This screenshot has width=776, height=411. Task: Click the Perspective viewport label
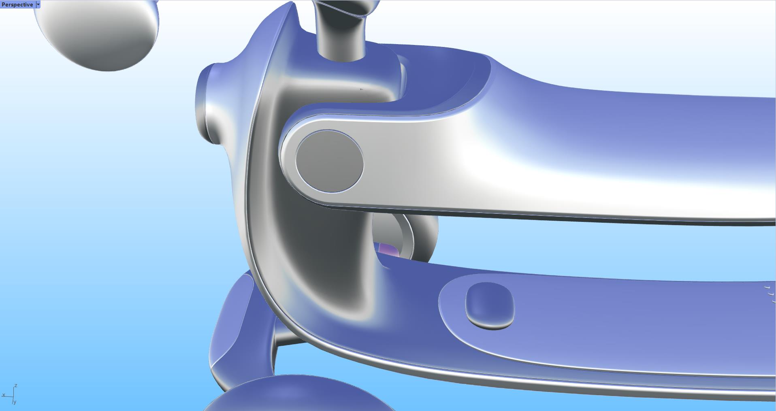click(x=17, y=4)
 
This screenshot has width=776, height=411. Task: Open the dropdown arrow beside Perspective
click(x=38, y=4)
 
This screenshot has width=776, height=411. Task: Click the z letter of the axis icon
click(x=16, y=386)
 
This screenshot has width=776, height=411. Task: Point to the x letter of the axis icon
click(x=4, y=395)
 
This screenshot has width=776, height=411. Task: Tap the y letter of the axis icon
click(x=15, y=402)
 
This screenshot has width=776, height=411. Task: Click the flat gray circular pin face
click(x=329, y=161)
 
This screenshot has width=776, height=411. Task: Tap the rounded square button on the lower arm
click(x=490, y=305)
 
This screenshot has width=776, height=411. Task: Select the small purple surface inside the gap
click(x=388, y=249)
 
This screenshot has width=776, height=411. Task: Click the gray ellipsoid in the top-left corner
click(x=97, y=34)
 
